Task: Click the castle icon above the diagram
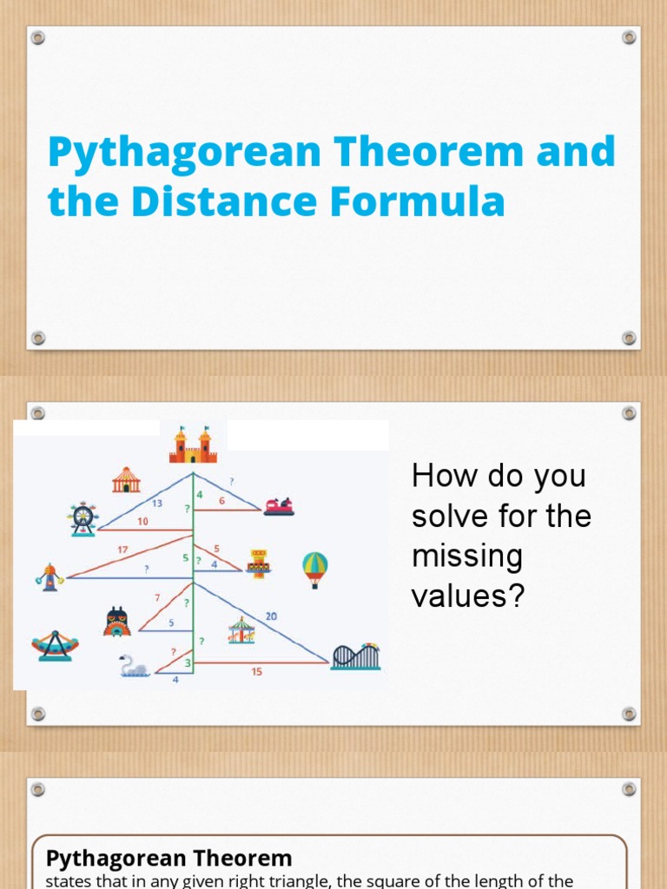click(x=192, y=444)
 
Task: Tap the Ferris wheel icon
click(x=83, y=519)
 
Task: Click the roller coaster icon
click(x=355, y=656)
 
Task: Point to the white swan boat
click(x=135, y=666)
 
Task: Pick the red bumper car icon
click(x=279, y=505)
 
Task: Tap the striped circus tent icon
click(x=126, y=479)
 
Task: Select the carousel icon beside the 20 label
click(x=242, y=630)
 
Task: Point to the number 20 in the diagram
click(x=271, y=616)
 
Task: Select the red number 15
click(x=256, y=671)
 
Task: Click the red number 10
click(x=142, y=521)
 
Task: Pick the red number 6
click(x=221, y=500)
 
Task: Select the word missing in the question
click(x=467, y=556)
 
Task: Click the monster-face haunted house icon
click(x=117, y=622)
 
